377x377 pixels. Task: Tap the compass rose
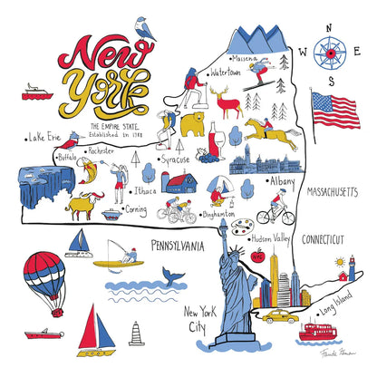(x=327, y=53)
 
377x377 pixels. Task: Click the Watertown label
(x=227, y=70)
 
